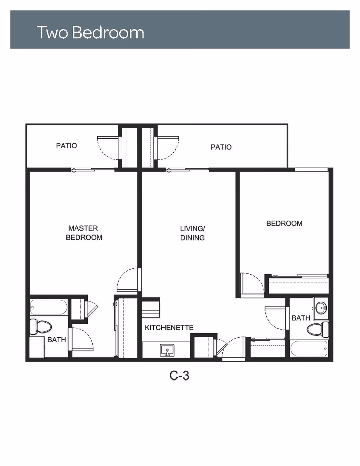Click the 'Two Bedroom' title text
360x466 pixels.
pyautogui.click(x=90, y=32)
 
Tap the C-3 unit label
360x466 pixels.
pyautogui.click(x=179, y=376)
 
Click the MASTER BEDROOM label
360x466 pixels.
pyautogui.click(x=84, y=233)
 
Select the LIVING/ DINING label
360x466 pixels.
pyautogui.click(x=192, y=233)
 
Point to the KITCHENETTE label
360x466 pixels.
pyautogui.click(x=169, y=328)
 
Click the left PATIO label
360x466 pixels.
pyautogui.click(x=66, y=146)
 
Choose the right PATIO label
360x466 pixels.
pyautogui.click(x=221, y=147)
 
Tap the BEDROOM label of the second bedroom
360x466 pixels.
pyautogui.click(x=284, y=223)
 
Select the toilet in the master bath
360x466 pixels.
pyautogui.click(x=40, y=327)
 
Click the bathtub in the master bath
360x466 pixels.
pyautogui.click(x=49, y=307)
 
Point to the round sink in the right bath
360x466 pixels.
pyautogui.click(x=321, y=308)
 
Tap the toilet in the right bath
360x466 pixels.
pyautogui.click(x=317, y=329)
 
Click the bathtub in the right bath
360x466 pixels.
pyautogui.click(x=309, y=349)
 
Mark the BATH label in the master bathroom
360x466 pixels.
pyautogui.click(x=57, y=340)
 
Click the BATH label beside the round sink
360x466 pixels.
pyautogui.click(x=301, y=318)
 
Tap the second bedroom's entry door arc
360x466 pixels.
pyautogui.click(x=259, y=279)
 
